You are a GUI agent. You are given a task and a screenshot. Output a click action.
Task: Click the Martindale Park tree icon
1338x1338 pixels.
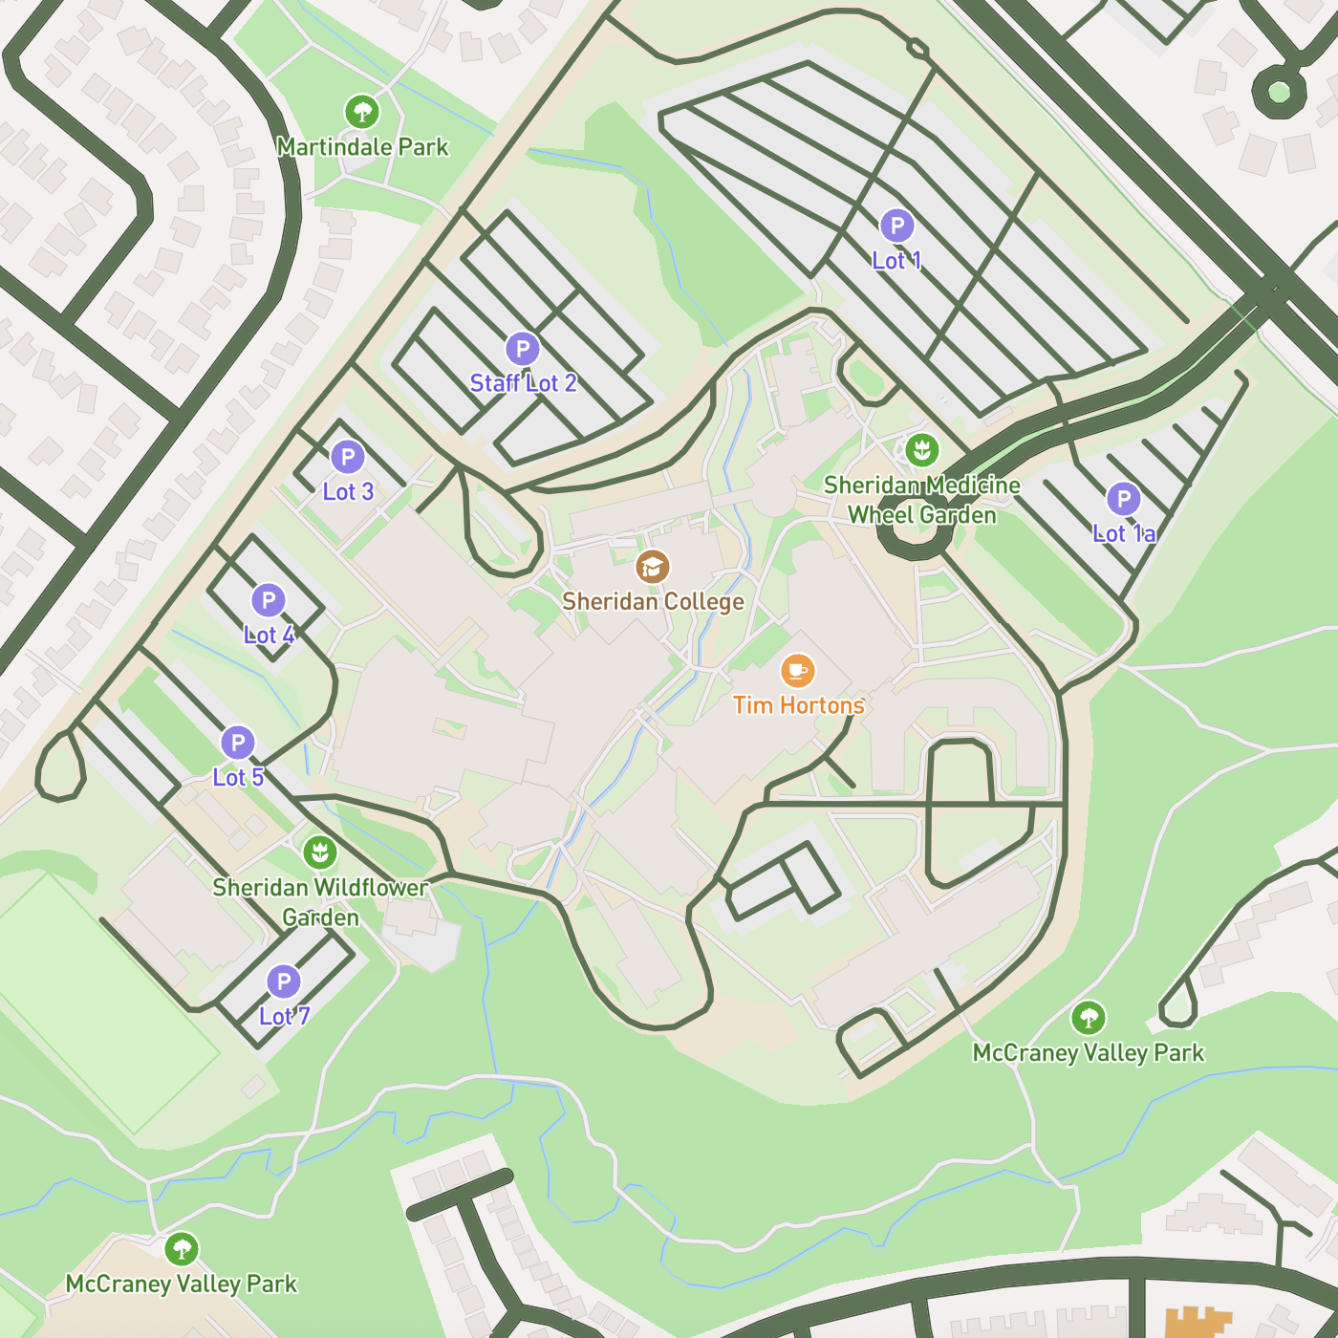tap(361, 112)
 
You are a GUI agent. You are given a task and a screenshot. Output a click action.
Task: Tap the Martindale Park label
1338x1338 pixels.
tap(362, 147)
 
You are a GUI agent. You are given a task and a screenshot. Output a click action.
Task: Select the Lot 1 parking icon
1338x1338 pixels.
tap(896, 227)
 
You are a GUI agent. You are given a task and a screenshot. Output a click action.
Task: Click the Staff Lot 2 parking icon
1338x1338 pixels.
tap(522, 350)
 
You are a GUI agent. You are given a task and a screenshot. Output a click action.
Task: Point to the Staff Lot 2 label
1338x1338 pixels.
tap(523, 384)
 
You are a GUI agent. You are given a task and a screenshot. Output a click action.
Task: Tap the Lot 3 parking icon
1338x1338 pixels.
tap(348, 458)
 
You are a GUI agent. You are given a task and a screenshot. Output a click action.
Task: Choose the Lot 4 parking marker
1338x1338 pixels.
tap(269, 601)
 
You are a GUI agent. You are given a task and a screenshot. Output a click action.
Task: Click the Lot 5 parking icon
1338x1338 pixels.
tap(238, 743)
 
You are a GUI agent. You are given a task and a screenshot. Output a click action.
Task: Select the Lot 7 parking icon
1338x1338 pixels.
tap(284, 982)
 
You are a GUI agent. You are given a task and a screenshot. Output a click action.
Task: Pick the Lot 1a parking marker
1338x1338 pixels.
tap(1124, 499)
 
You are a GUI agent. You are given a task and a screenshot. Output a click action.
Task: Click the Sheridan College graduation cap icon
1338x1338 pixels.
tap(653, 567)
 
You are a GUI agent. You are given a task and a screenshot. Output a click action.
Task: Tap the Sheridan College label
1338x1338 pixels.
tap(653, 602)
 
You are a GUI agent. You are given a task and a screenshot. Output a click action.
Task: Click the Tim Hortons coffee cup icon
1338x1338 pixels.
tap(798, 671)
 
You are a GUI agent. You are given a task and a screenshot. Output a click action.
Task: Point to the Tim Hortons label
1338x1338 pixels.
tap(798, 705)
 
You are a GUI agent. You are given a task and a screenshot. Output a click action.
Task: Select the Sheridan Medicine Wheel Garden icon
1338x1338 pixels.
tap(922, 450)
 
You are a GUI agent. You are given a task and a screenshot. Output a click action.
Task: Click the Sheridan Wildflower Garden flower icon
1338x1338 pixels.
tap(320, 852)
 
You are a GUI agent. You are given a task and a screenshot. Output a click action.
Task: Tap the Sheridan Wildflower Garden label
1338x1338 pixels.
tap(320, 902)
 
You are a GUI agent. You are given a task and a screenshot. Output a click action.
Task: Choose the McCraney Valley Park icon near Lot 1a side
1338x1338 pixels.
tap(1089, 1018)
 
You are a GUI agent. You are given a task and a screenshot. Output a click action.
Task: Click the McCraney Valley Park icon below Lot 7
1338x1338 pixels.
tap(182, 1249)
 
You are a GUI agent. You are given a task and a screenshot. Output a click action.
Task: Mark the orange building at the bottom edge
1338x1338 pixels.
tap(1195, 1324)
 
